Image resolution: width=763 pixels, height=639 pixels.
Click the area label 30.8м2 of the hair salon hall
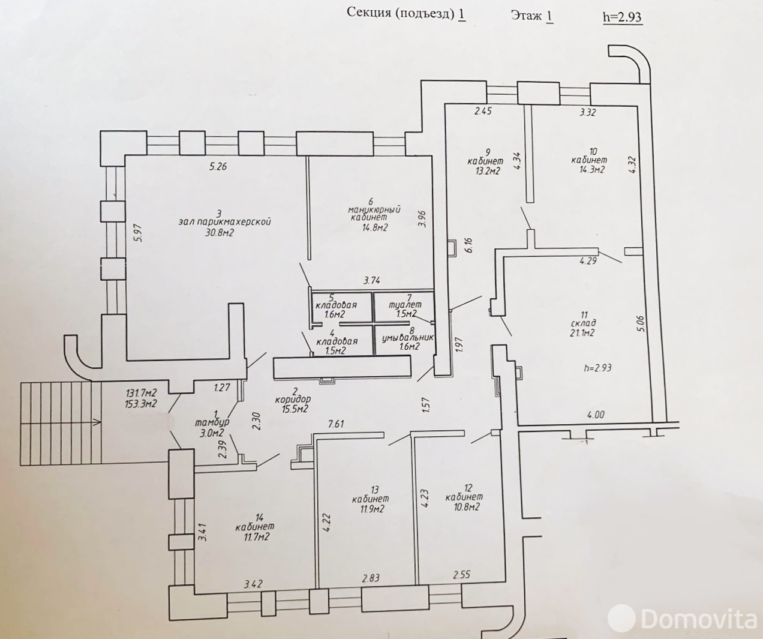tap(220, 232)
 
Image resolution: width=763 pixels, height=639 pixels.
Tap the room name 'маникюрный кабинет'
tap(374, 214)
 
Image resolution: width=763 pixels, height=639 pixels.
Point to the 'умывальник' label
tap(408, 338)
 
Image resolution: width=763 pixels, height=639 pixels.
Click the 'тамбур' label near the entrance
tap(212, 422)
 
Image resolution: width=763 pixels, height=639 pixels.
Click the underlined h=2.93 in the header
tap(622, 17)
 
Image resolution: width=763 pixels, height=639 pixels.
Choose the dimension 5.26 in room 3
tap(218, 167)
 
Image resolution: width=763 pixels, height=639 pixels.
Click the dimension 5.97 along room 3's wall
tap(139, 233)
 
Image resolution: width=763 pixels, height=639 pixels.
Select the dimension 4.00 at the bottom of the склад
tap(596, 415)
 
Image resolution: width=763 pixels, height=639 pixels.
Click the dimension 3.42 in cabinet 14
tap(253, 584)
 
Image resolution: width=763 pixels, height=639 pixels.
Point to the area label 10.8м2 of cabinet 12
tap(462, 507)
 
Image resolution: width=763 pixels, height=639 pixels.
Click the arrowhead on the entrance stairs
tap(98, 423)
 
